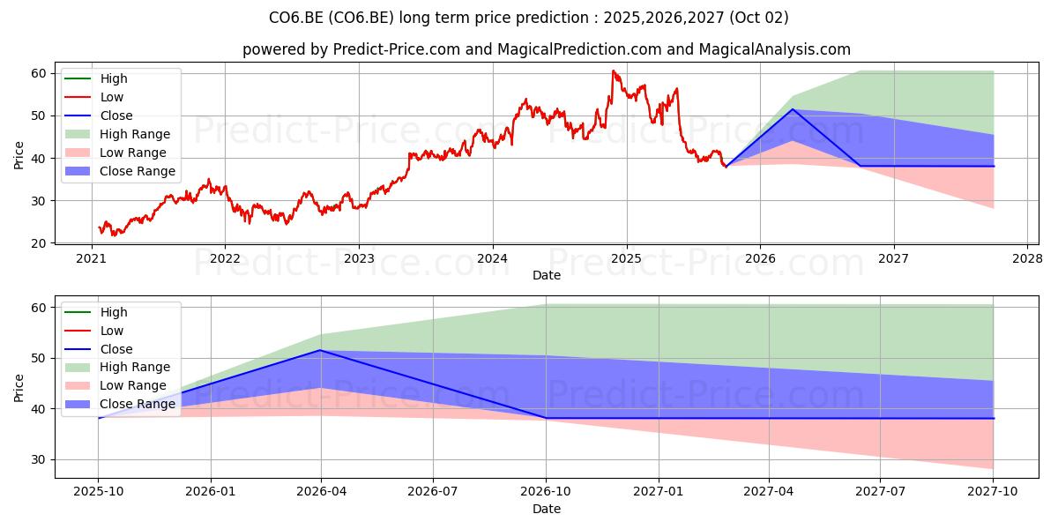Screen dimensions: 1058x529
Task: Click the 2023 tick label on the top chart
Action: click(359, 259)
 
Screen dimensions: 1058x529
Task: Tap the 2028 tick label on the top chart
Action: click(1028, 259)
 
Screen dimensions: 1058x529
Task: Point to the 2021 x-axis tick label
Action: click(91, 259)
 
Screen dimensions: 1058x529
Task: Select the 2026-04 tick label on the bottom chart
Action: click(321, 492)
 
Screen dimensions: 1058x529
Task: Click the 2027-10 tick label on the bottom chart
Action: click(993, 492)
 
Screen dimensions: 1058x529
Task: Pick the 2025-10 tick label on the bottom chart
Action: click(98, 492)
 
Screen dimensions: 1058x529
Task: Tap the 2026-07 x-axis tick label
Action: click(433, 492)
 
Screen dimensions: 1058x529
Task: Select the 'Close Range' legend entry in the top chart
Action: click(120, 171)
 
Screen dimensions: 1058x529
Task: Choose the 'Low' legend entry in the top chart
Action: click(94, 97)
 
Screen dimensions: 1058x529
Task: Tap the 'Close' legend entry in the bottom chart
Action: click(99, 349)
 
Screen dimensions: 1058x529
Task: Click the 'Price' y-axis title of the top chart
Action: click(19, 155)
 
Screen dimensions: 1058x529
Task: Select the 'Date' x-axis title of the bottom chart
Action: click(547, 509)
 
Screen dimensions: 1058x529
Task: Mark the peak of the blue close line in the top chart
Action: click(793, 109)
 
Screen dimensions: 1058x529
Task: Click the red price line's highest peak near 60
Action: click(613, 71)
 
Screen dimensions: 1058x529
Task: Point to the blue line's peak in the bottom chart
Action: click(321, 350)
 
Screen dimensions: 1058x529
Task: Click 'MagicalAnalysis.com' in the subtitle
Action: click(775, 49)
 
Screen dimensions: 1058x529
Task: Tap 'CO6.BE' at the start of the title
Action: click(296, 18)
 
